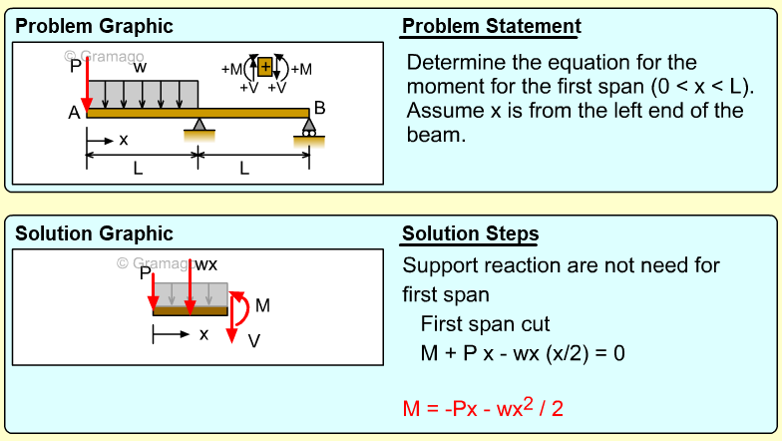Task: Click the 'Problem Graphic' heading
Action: (94, 26)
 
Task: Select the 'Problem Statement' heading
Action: (492, 26)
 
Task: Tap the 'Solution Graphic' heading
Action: (94, 234)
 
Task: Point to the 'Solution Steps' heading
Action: (470, 234)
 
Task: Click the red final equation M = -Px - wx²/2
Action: (483, 408)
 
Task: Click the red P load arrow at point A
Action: (88, 85)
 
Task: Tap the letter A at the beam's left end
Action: (74, 114)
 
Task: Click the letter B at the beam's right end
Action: (319, 108)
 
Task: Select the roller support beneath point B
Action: (309, 128)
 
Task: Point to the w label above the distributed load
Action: (141, 67)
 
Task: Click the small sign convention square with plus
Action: (264, 68)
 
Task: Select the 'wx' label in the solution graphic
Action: (205, 264)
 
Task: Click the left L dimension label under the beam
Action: (138, 170)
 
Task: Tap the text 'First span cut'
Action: (485, 324)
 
